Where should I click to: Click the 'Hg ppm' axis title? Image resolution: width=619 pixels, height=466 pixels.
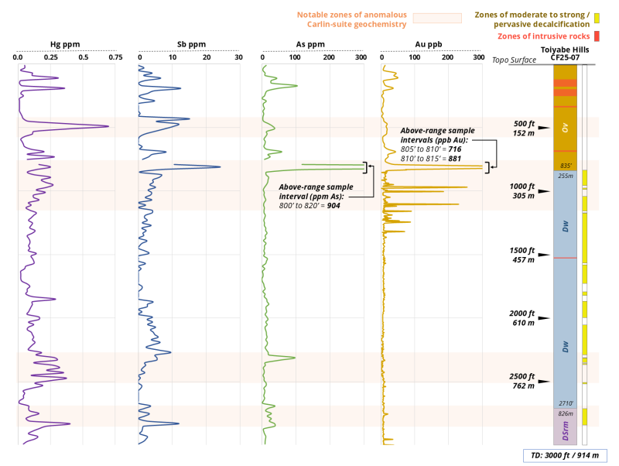coord(64,44)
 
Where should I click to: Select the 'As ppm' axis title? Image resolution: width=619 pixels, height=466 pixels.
coord(311,44)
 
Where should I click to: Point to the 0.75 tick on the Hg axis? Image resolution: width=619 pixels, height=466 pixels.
coord(115,57)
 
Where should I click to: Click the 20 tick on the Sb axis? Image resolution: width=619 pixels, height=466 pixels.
coord(205,57)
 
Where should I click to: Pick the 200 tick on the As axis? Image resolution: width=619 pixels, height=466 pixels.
coord(328,57)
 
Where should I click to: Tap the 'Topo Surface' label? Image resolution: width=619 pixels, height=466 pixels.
coord(515,60)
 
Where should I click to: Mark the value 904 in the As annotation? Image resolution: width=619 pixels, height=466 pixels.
coord(333,205)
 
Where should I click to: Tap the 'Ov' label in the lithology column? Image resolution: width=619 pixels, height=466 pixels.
coord(565,129)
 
